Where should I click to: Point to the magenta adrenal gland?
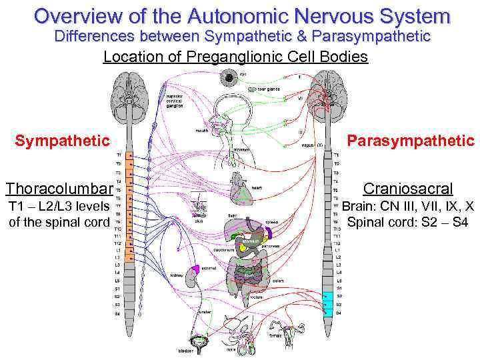[x=197, y=269]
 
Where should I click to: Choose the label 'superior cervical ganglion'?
[x=178, y=100]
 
